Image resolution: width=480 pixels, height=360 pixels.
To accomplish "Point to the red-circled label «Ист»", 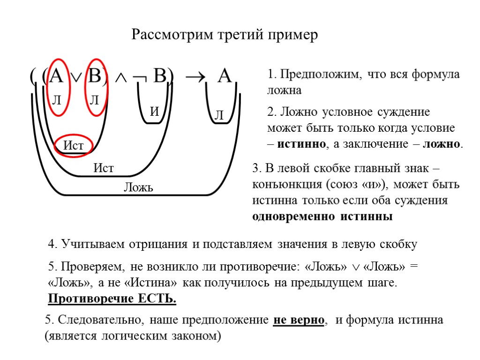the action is pyautogui.click(x=74, y=146).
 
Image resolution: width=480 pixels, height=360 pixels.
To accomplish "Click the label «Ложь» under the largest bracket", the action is pyautogui.click(x=138, y=188).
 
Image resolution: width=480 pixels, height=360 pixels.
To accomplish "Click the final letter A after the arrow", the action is pyautogui.click(x=225, y=76).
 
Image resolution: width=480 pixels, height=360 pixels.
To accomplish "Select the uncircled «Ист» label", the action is pyautogui.click(x=104, y=168).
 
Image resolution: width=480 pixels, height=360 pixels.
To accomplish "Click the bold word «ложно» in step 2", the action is pyautogui.click(x=442, y=144).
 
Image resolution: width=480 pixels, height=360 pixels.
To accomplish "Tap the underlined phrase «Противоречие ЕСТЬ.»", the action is pyautogui.click(x=112, y=299).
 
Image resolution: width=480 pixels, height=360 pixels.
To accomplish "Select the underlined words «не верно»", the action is pyautogui.click(x=299, y=320).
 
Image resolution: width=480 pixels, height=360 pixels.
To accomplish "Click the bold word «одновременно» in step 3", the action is pyautogui.click(x=291, y=217).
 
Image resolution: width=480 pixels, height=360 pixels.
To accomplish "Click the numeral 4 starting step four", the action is pyautogui.click(x=52, y=244).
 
